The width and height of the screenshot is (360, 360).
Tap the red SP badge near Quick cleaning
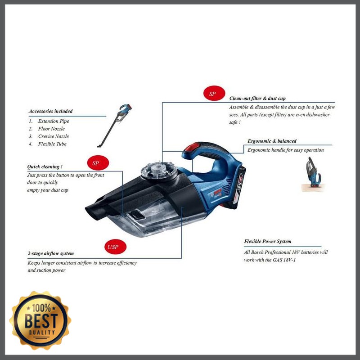pyautogui.click(x=95, y=162)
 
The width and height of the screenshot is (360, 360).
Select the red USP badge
pyautogui.click(x=112, y=247)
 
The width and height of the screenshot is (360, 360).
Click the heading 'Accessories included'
pyautogui.click(x=50, y=111)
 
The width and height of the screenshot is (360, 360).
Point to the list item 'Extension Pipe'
pyautogui.click(x=54, y=121)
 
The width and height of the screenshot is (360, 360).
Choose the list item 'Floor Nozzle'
pyautogui.click(x=51, y=129)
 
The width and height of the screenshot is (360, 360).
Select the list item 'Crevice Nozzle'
pyautogui.click(x=54, y=136)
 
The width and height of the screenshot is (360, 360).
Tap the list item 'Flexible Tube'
pyautogui.click(x=52, y=144)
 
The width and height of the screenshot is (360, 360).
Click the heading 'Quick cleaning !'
pyautogui.click(x=45, y=166)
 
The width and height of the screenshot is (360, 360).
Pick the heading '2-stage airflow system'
pyautogui.click(x=50, y=254)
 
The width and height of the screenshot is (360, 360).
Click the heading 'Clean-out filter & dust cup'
pyautogui.click(x=257, y=98)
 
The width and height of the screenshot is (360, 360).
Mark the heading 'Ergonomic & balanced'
pyautogui.click(x=272, y=141)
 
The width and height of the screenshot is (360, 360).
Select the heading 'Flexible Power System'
pyautogui.click(x=267, y=242)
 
